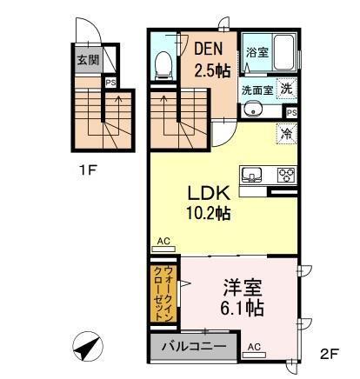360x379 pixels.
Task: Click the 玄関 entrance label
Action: pos(87,61)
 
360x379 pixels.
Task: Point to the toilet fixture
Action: pos(162,63)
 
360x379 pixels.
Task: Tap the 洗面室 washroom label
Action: pos(258,89)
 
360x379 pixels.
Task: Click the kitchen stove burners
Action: pos(287,174)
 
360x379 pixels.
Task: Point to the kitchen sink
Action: pos(250,172)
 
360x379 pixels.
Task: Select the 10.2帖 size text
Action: pos(210,213)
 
